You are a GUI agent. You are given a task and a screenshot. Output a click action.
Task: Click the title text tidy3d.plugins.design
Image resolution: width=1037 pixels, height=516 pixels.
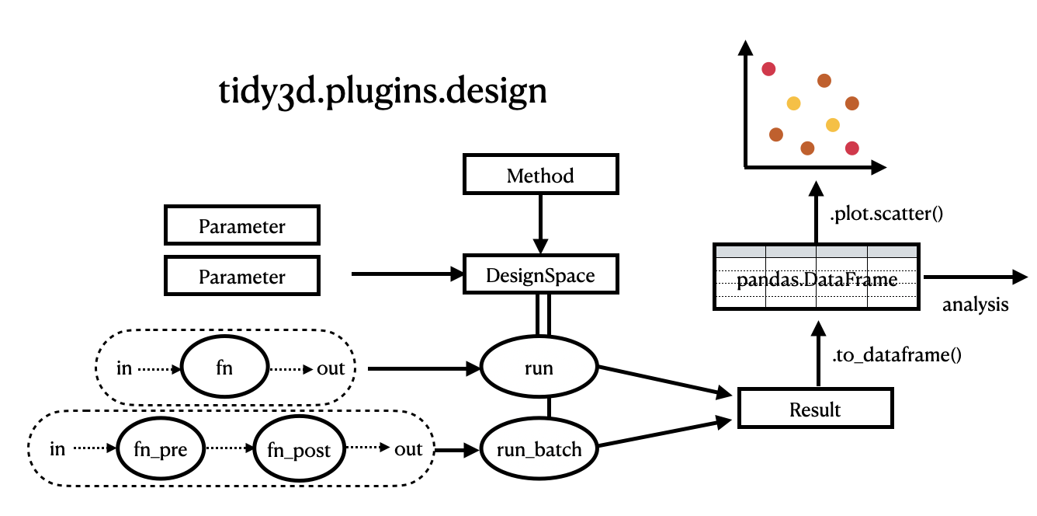[383, 91]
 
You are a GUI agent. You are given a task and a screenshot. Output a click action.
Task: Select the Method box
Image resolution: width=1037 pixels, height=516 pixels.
[540, 175]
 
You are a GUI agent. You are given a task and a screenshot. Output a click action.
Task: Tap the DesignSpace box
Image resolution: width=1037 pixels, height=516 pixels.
[540, 275]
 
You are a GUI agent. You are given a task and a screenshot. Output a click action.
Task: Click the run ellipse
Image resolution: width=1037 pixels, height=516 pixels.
[539, 368]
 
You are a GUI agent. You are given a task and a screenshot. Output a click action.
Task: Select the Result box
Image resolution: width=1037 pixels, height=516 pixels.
[814, 409]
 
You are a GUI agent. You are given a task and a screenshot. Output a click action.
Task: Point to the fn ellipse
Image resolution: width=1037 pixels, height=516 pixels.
[224, 368]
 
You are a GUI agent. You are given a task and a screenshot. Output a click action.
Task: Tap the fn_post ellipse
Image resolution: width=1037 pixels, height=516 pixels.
[300, 449]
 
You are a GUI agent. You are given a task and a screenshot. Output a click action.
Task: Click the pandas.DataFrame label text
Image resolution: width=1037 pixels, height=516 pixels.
[817, 280]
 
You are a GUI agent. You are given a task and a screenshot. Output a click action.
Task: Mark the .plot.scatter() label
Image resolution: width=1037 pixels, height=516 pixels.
[885, 214]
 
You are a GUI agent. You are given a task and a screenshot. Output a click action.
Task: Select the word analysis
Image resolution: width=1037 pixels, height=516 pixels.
[975, 305]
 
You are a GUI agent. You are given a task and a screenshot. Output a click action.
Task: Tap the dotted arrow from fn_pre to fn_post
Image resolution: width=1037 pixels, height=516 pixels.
[229, 448]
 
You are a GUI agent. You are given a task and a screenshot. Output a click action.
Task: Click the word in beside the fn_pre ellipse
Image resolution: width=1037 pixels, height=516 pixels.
[57, 448]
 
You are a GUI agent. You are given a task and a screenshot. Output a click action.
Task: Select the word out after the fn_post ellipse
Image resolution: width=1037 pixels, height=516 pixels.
[408, 448]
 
